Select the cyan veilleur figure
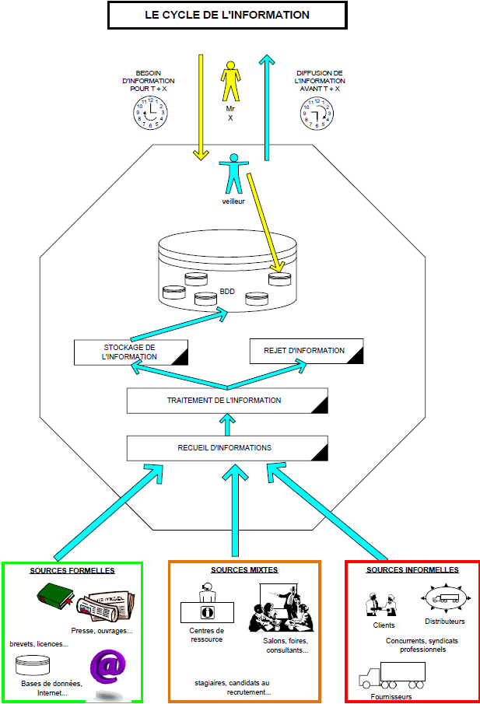click(x=233, y=175)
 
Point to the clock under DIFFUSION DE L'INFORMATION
click(x=316, y=114)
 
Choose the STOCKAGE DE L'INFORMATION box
click(x=130, y=352)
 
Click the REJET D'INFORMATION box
click(x=307, y=351)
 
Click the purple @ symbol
click(x=109, y=667)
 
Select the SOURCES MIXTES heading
click(x=244, y=570)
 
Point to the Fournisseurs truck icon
click(x=392, y=674)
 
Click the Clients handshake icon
click(x=383, y=604)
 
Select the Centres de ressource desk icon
click(x=207, y=607)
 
